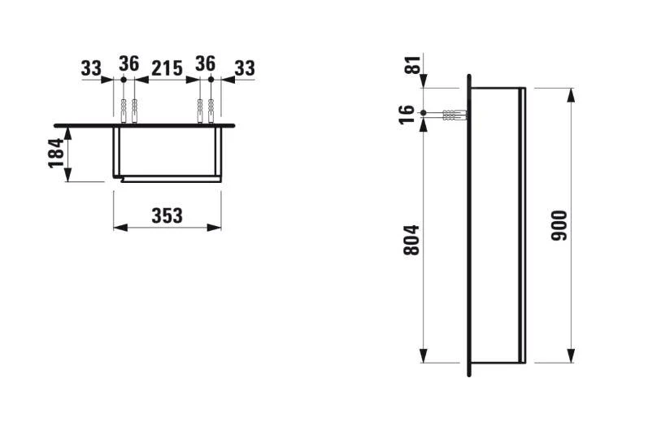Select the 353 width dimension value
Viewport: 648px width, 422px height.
coord(167,215)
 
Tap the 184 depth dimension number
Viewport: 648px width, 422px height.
coord(55,153)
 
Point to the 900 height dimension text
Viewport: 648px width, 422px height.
coord(559,226)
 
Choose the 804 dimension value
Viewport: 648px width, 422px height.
coord(411,241)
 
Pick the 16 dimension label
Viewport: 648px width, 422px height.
coord(410,112)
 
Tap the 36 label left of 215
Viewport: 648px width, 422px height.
coord(128,63)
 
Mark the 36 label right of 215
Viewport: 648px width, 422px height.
coord(205,63)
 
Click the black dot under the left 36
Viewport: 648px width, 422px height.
coord(123,80)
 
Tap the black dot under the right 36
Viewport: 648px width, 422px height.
coord(211,80)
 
